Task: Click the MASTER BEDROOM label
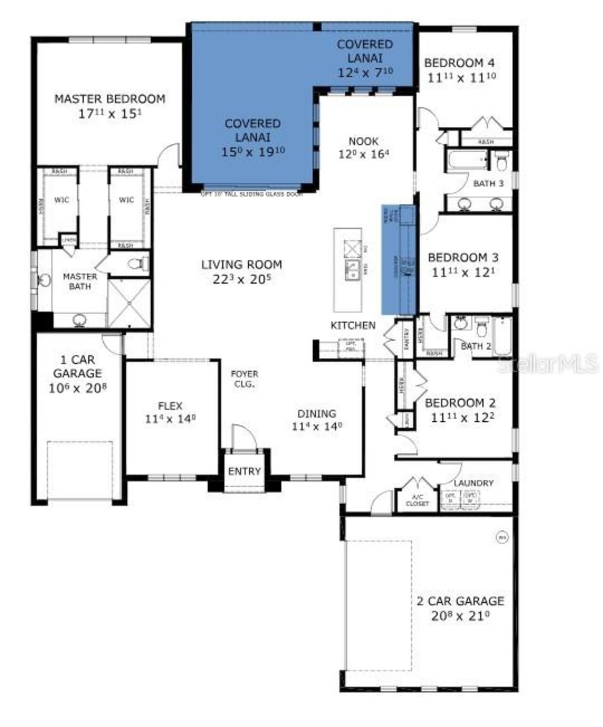pyautogui.click(x=110, y=99)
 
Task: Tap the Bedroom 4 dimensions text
pyautogui.click(x=462, y=77)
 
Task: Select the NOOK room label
pyautogui.click(x=363, y=141)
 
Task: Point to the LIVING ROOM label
pyautogui.click(x=242, y=265)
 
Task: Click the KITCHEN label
pyautogui.click(x=353, y=326)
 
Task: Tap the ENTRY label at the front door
pyautogui.click(x=244, y=471)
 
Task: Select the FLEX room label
pyautogui.click(x=170, y=406)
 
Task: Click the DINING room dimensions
pyautogui.click(x=317, y=427)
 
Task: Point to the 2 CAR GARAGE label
pyautogui.click(x=460, y=601)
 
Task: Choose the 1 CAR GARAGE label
pyautogui.click(x=77, y=367)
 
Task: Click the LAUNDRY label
pyautogui.click(x=473, y=483)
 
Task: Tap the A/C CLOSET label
pyautogui.click(x=417, y=500)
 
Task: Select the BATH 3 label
pyautogui.click(x=488, y=183)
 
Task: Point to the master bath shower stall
pyautogui.click(x=129, y=303)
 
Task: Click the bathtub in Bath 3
pyautogui.click(x=466, y=161)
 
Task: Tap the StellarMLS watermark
pyautogui.click(x=548, y=363)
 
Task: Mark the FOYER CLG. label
pyautogui.click(x=244, y=379)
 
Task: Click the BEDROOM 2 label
pyautogui.click(x=460, y=403)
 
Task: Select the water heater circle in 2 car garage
pyautogui.click(x=502, y=536)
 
